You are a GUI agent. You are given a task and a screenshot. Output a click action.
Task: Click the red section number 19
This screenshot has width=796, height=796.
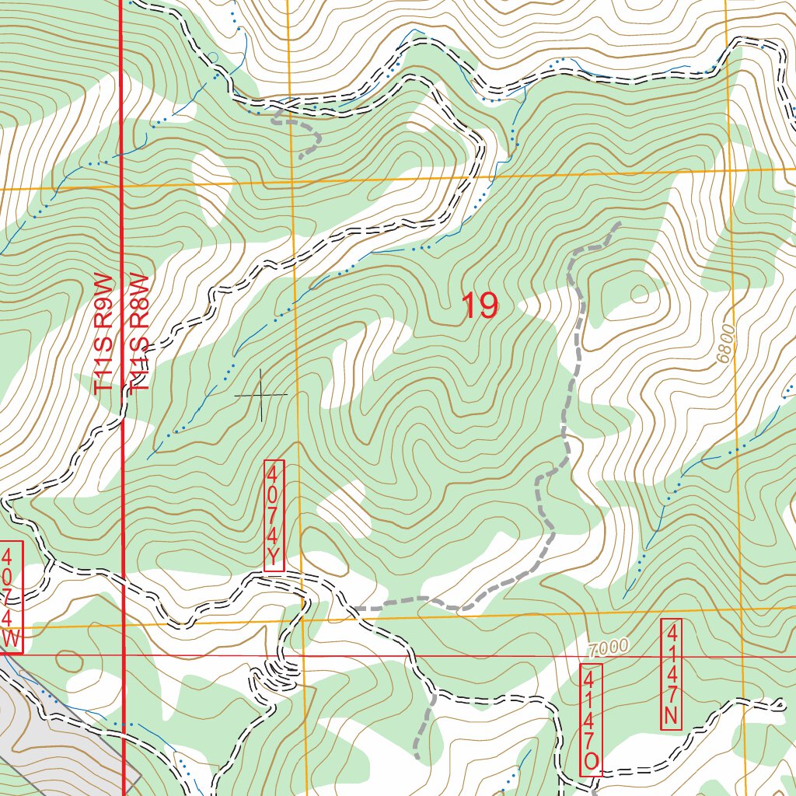click(480, 306)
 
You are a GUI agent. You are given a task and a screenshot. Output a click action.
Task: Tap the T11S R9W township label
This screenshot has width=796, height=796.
click(103, 334)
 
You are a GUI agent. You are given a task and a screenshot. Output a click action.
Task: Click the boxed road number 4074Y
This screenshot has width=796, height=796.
click(274, 515)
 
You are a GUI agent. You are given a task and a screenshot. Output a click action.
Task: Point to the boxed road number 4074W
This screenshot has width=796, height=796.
click(11, 597)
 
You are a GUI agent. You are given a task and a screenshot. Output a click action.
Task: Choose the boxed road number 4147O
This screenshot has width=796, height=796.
click(591, 719)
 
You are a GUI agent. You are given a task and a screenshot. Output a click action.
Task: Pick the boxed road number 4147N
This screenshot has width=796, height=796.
click(671, 674)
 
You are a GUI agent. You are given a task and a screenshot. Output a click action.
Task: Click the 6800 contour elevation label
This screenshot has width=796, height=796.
click(727, 343)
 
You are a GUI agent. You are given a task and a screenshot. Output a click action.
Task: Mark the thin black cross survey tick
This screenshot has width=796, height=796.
click(261, 395)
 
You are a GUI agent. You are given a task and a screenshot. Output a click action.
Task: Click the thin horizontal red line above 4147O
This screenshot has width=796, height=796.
click(466, 656)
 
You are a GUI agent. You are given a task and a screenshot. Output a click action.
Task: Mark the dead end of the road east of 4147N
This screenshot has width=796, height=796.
click(781, 706)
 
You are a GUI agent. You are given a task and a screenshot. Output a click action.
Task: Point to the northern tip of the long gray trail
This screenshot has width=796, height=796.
click(620, 224)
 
